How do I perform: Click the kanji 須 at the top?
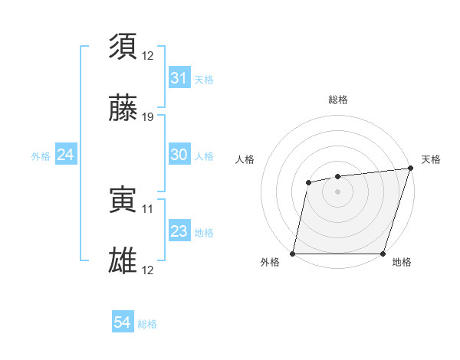(x=123, y=46)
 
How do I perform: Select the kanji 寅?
(x=123, y=199)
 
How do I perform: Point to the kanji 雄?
(x=123, y=261)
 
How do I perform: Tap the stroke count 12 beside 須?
(x=147, y=55)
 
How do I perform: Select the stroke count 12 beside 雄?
(x=147, y=270)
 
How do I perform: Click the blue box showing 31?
(x=179, y=78)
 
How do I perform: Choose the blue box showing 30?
(x=179, y=154)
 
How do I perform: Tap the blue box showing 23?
(x=179, y=231)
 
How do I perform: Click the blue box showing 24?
(x=65, y=155)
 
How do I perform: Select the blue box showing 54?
(x=123, y=322)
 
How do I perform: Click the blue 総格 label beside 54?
(x=147, y=324)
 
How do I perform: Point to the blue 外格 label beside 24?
(x=41, y=156)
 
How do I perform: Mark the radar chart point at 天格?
(x=410, y=169)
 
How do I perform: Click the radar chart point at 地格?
(x=383, y=254)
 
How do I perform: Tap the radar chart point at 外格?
(x=293, y=254)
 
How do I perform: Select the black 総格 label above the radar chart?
(x=337, y=100)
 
